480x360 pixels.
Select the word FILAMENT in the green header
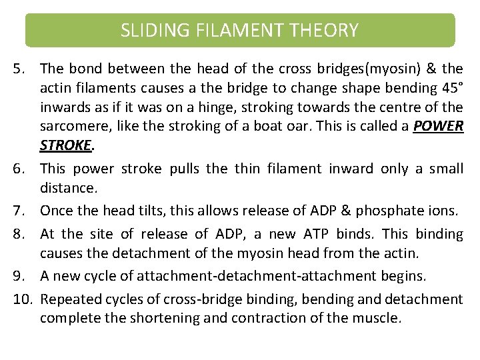click(x=236, y=31)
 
